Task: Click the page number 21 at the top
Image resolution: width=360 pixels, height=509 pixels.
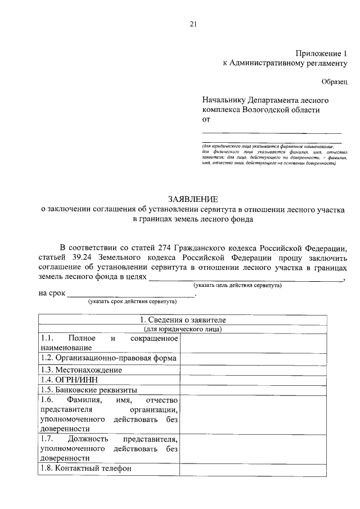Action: click(x=193, y=23)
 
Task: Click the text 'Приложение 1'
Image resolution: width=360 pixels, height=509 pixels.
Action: click(x=321, y=53)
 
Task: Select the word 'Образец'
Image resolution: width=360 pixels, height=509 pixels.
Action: click(x=335, y=82)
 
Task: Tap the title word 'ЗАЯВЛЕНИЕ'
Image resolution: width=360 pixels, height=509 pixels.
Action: click(x=193, y=199)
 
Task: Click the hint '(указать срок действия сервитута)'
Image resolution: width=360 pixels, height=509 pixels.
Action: click(x=132, y=301)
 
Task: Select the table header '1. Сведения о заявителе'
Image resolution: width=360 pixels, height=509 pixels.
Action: click(x=183, y=320)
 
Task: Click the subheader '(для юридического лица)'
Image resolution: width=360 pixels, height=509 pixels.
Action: click(x=183, y=329)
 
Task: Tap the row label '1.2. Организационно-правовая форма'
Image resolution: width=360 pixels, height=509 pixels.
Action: click(x=109, y=358)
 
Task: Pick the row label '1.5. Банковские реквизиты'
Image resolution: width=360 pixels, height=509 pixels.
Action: click(x=88, y=389)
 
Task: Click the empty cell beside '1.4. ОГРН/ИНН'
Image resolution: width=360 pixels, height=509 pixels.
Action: click(x=252, y=380)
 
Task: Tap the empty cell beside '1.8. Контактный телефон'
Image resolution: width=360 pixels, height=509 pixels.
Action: click(x=252, y=469)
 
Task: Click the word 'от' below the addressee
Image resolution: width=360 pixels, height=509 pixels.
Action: click(x=206, y=120)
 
